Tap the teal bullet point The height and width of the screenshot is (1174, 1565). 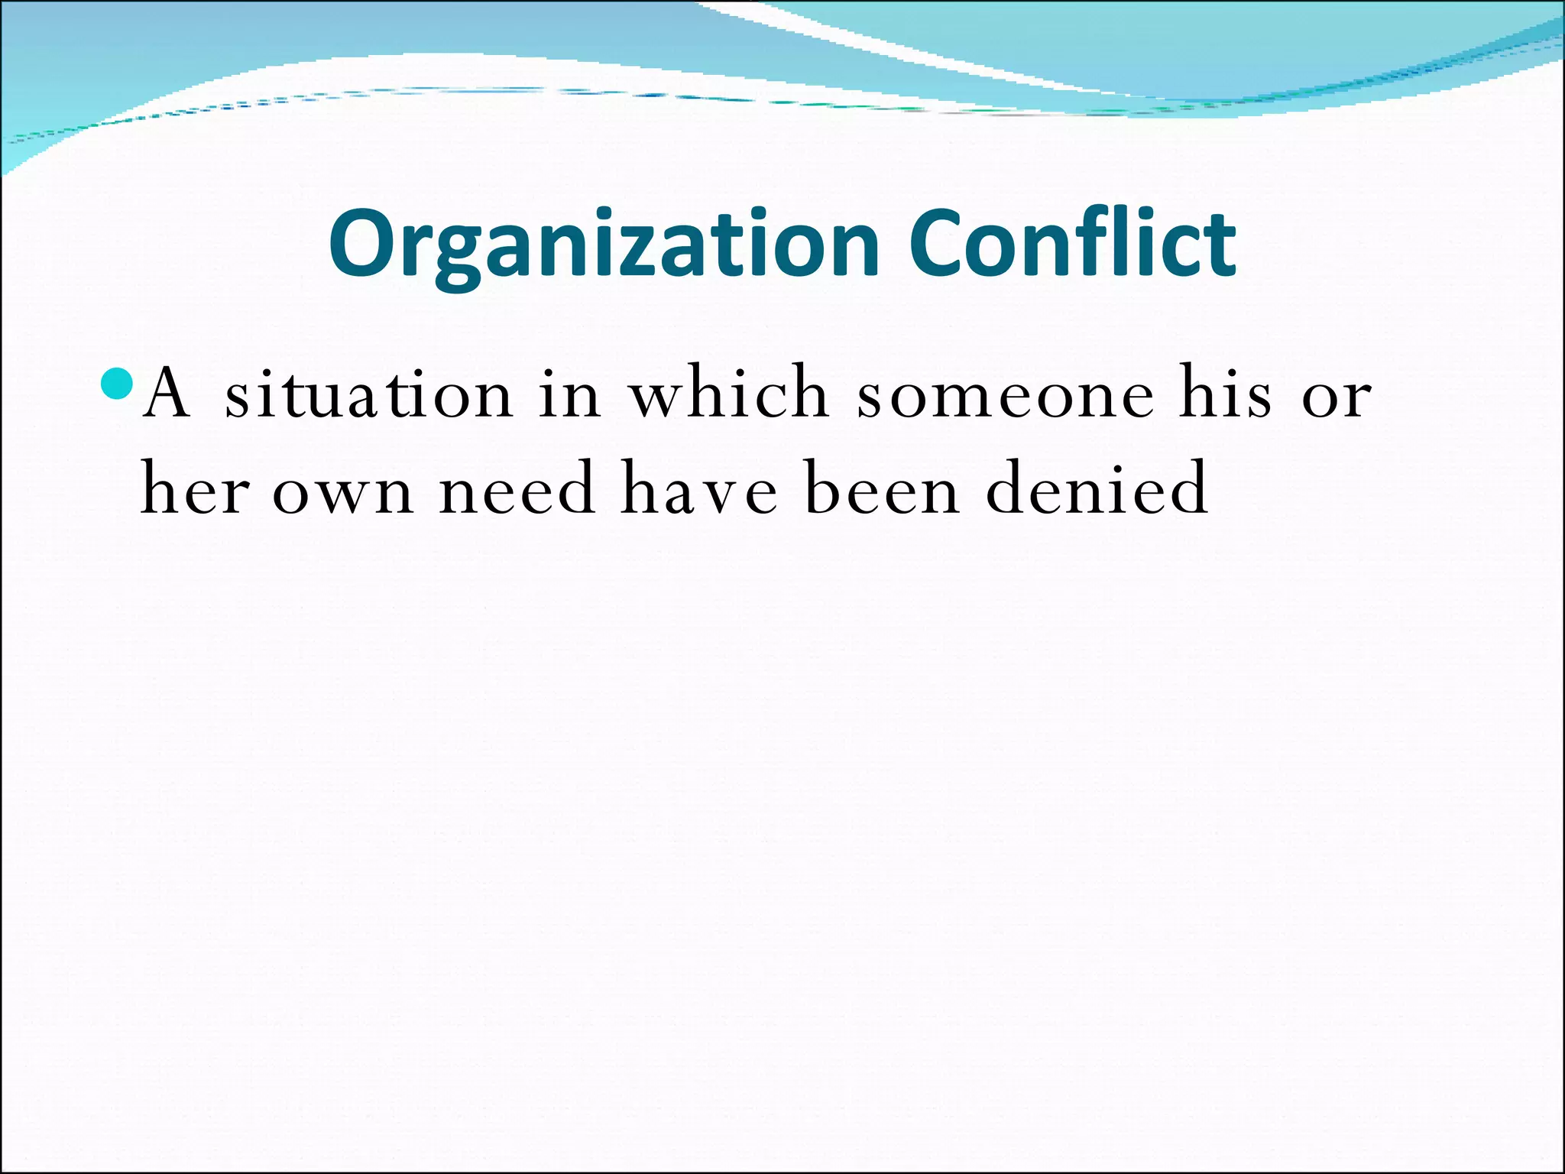[117, 384]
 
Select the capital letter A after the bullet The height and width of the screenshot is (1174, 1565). [166, 393]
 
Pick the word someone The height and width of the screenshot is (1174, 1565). [1005, 396]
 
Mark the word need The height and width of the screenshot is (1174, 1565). [517, 489]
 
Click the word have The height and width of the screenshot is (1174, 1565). [699, 489]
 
